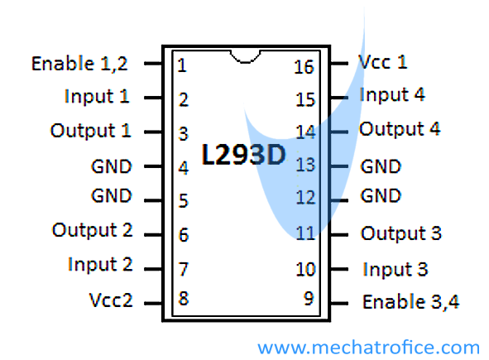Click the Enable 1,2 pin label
[79, 64]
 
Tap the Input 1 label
[97, 96]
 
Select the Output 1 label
[90, 131]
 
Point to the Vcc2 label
[111, 300]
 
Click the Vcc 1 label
[382, 62]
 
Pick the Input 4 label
[392, 94]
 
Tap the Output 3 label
[401, 233]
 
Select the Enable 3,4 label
[410, 302]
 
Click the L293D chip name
[243, 155]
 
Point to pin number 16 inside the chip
[304, 67]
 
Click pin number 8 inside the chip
[184, 298]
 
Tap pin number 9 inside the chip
[309, 298]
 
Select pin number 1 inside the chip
[182, 65]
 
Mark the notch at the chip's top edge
[245, 57]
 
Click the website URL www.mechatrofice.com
[369, 348]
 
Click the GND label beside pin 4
[112, 166]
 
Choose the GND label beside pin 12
[381, 196]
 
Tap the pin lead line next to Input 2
[153, 269]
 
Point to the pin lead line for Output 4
[339, 132]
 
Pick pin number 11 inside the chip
[305, 233]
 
